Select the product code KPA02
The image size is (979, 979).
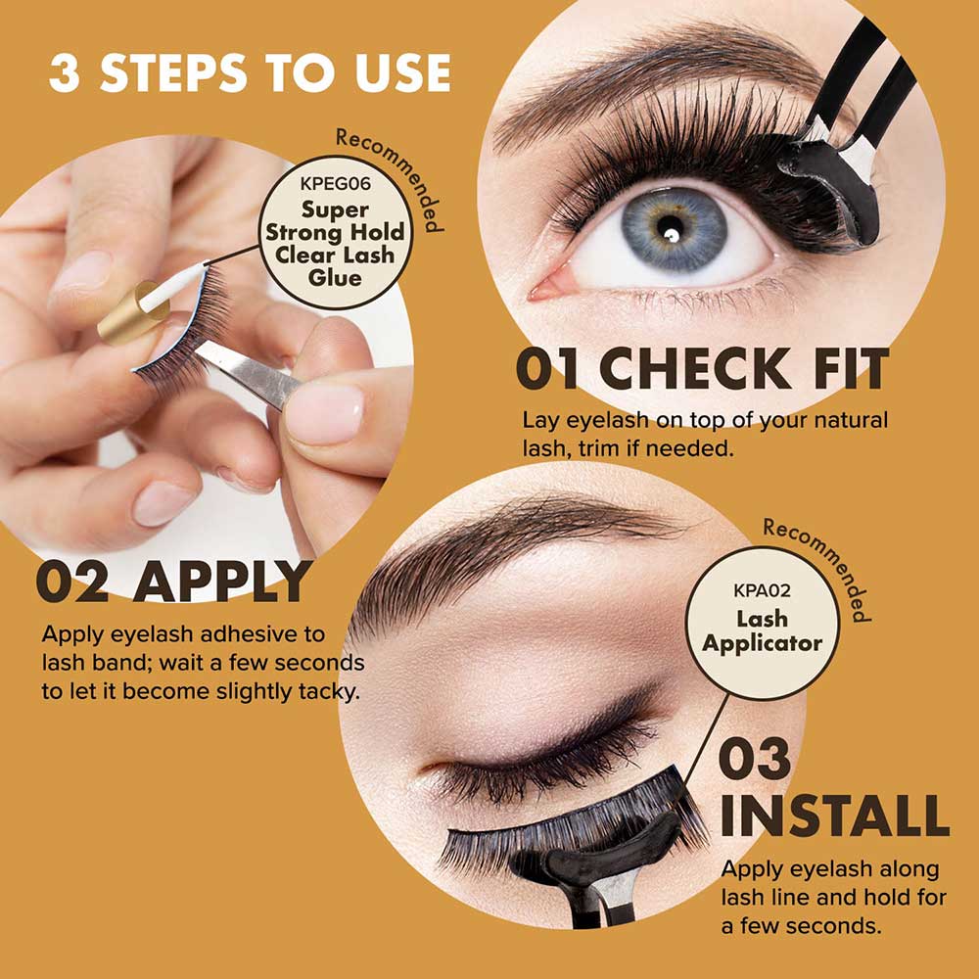(763, 591)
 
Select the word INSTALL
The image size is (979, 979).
(833, 818)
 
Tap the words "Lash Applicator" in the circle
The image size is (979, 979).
(762, 631)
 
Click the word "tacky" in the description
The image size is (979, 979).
(326, 690)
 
